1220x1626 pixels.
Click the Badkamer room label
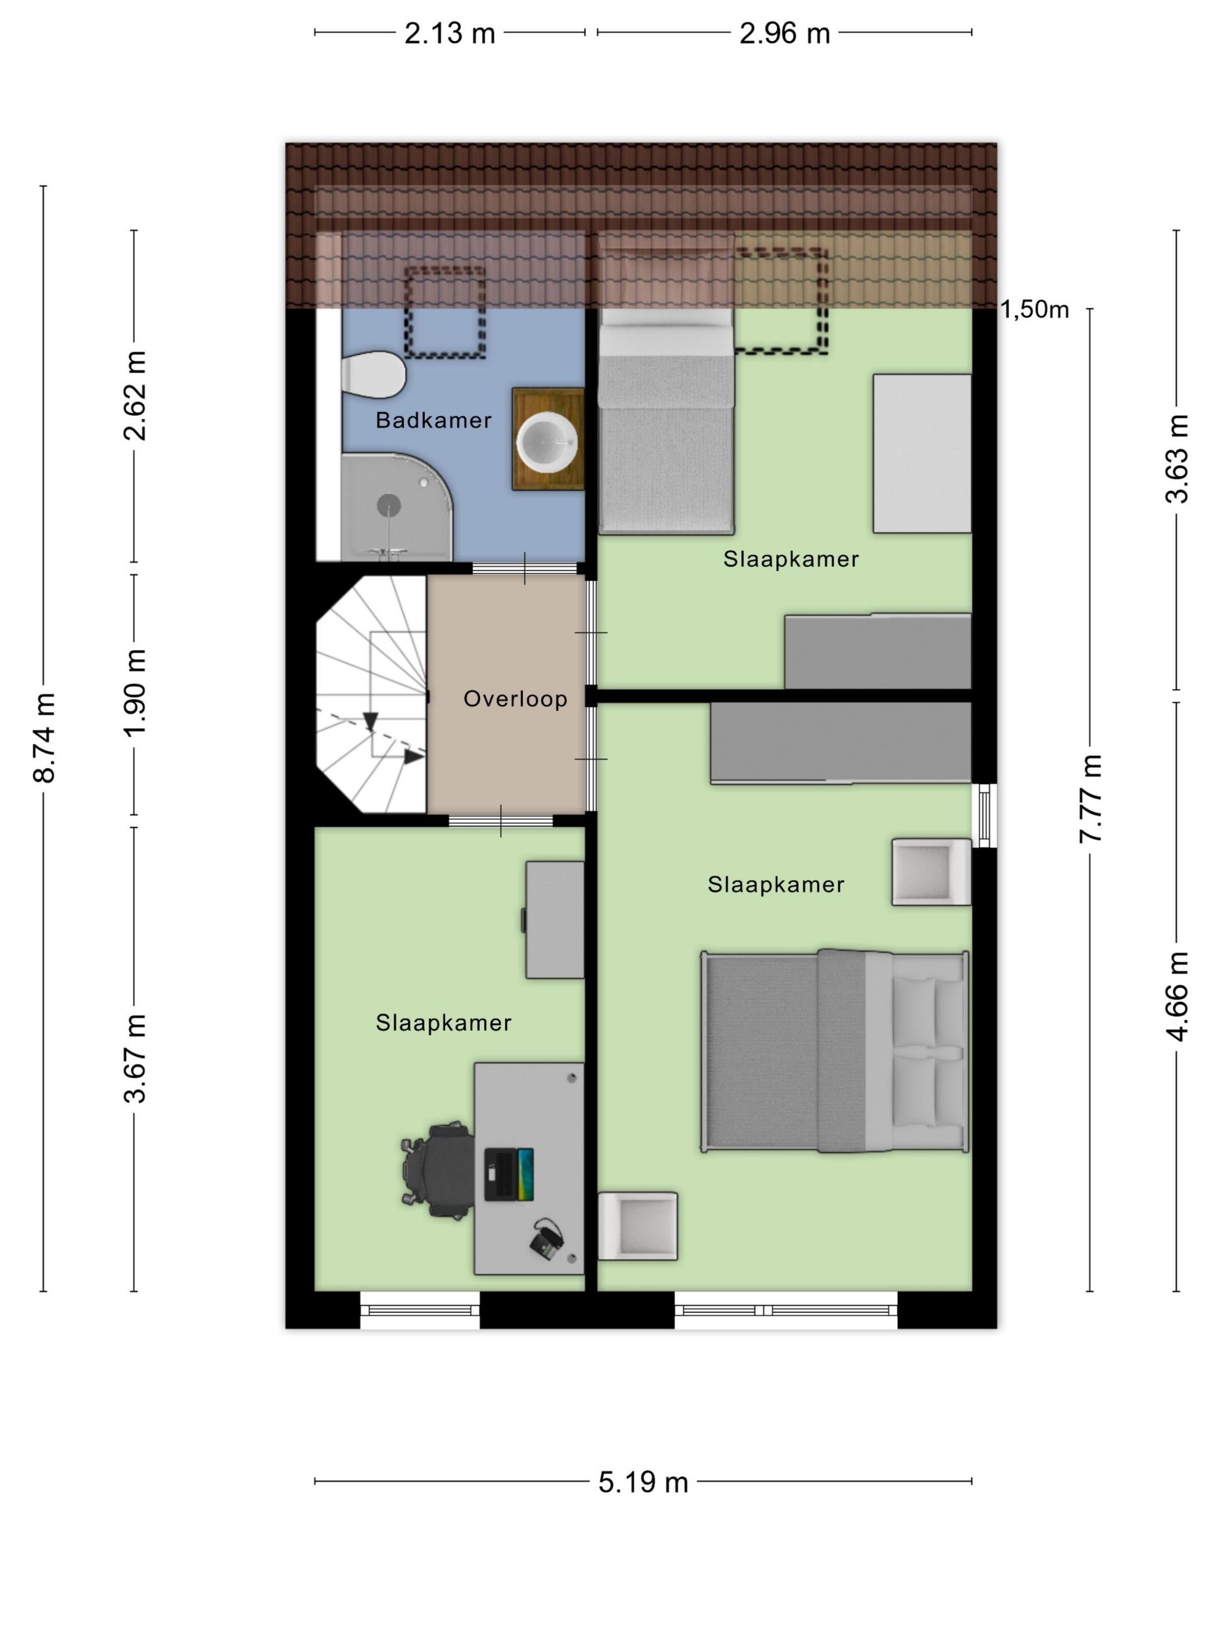433,420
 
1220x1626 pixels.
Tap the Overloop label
515,699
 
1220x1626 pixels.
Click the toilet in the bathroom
373,374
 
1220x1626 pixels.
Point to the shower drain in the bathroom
389,505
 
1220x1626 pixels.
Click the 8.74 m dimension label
44,738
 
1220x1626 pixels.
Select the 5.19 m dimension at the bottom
643,1482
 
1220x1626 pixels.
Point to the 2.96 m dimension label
784,34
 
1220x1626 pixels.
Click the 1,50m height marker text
1034,310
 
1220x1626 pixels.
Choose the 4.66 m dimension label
1176,997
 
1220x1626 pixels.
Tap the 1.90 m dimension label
135,693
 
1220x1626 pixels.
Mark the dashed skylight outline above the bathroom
446,312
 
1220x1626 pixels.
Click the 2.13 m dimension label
449,34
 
